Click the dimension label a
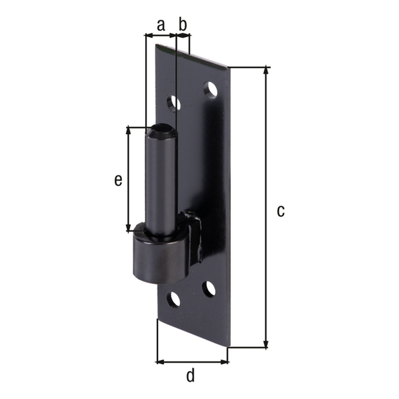[161, 25]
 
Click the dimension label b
[183, 25]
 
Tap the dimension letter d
[190, 376]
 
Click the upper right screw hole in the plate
[210, 90]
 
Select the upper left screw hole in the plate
[173, 103]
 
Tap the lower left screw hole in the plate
[174, 300]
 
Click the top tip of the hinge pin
[161, 128]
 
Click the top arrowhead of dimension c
[266, 71]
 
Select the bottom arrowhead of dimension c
[266, 344]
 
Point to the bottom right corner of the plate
[228, 348]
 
